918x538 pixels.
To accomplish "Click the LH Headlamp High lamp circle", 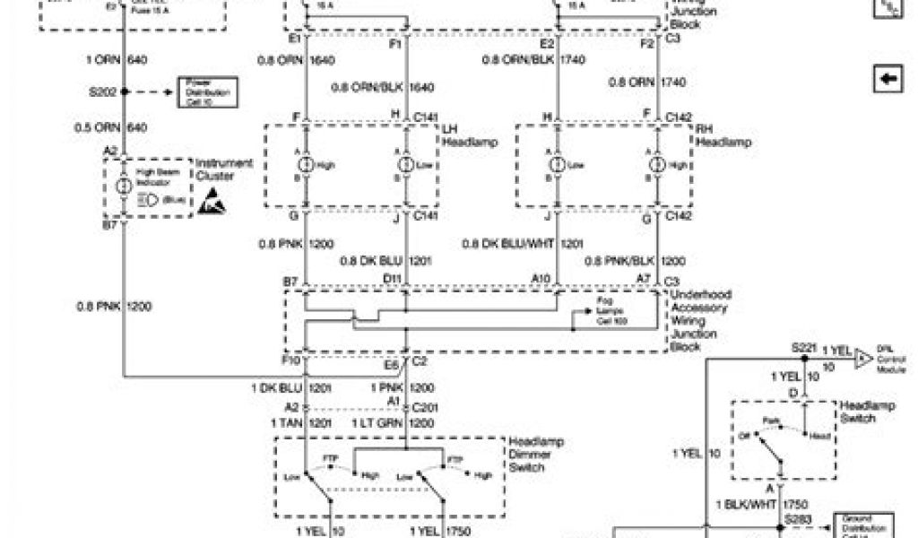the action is point(306,165).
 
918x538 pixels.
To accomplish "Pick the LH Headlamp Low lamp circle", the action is point(406,165).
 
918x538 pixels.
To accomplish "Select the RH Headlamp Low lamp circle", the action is point(557,165).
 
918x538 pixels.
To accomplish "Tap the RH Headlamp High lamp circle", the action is point(657,165).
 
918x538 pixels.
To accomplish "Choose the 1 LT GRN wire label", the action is point(377,421).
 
